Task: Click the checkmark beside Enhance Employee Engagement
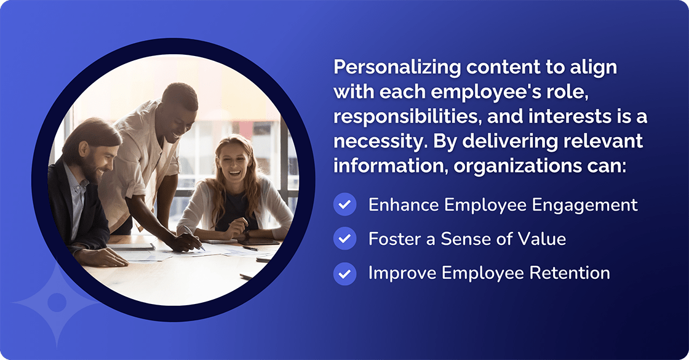click(x=344, y=204)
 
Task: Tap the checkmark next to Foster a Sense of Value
click(x=344, y=238)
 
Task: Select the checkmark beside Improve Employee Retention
click(x=344, y=273)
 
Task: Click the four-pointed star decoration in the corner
click(x=57, y=302)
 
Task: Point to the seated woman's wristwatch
click(x=247, y=236)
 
